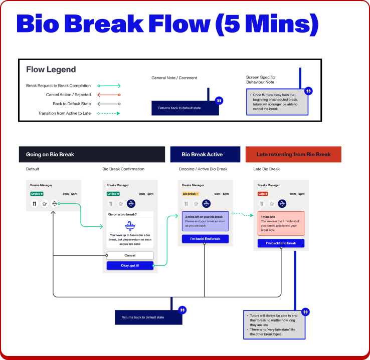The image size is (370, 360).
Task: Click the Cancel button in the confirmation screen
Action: pyautogui.click(x=130, y=255)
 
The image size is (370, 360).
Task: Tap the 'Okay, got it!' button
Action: pyautogui.click(x=130, y=266)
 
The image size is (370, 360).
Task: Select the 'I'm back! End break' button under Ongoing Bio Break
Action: pyautogui.click(x=205, y=239)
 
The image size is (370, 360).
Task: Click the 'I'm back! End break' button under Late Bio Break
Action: pyautogui.click(x=281, y=243)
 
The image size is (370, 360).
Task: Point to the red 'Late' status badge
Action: pyautogui.click(x=263, y=194)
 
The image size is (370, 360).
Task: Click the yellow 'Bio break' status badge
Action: pyautogui.click(x=190, y=194)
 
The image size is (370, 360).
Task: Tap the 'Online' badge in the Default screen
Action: pyautogui.click(x=37, y=194)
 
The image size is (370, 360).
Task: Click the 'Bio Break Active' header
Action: pyautogui.click(x=206, y=154)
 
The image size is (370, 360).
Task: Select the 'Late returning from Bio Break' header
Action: pyautogui.click(x=293, y=154)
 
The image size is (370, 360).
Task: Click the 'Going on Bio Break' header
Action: pyautogui.click(x=92, y=154)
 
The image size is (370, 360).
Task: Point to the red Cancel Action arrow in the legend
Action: pyautogui.click(x=109, y=95)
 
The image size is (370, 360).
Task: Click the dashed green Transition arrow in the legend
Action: pyautogui.click(x=109, y=113)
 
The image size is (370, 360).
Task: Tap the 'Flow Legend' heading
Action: pyautogui.click(x=51, y=70)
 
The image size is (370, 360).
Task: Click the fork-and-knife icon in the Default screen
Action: pyautogui.click(x=34, y=204)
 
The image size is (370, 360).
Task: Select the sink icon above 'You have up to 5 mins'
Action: pyautogui.click(x=130, y=226)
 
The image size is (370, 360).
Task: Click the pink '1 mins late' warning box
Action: pyautogui.click(x=281, y=223)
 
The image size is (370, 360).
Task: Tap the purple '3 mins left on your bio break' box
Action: pyautogui.click(x=205, y=221)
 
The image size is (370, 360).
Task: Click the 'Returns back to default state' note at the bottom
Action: pyautogui.click(x=143, y=317)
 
